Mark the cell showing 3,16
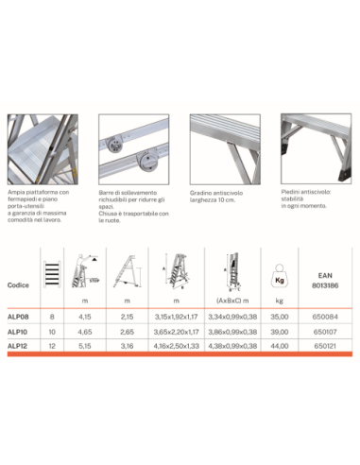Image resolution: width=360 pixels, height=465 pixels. pos(129,346)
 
